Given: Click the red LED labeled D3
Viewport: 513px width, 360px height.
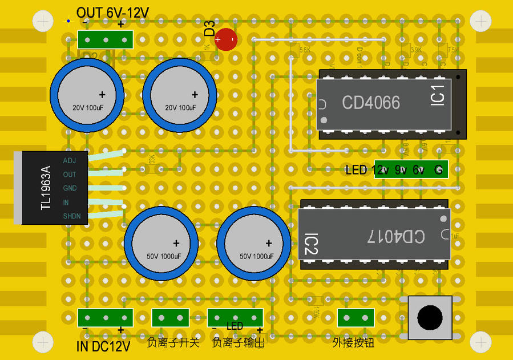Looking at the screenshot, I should click(227, 39).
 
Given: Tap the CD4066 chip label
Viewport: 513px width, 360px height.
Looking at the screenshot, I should click(370, 103).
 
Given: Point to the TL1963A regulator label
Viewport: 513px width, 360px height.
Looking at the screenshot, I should click(46, 188).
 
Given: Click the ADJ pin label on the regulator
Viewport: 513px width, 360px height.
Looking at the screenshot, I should click(70, 161).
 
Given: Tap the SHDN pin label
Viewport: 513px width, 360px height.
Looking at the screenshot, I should click(72, 216).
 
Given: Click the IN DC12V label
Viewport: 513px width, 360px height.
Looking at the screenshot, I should click(103, 346).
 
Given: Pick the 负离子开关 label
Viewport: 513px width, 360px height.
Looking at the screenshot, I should click(173, 343).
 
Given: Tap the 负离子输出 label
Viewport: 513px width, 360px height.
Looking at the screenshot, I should click(238, 343).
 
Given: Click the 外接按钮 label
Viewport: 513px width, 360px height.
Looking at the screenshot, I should click(353, 342).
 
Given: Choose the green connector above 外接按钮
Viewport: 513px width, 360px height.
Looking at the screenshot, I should click(356, 318).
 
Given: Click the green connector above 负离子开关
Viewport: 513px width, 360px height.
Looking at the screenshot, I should click(170, 318).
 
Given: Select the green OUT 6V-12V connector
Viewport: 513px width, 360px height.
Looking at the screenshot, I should click(106, 39).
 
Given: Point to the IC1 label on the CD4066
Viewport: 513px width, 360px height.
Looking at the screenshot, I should click(438, 95).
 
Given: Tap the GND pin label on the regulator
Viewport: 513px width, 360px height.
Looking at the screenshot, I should click(70, 188).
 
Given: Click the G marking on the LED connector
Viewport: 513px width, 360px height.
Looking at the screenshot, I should click(438, 169).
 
